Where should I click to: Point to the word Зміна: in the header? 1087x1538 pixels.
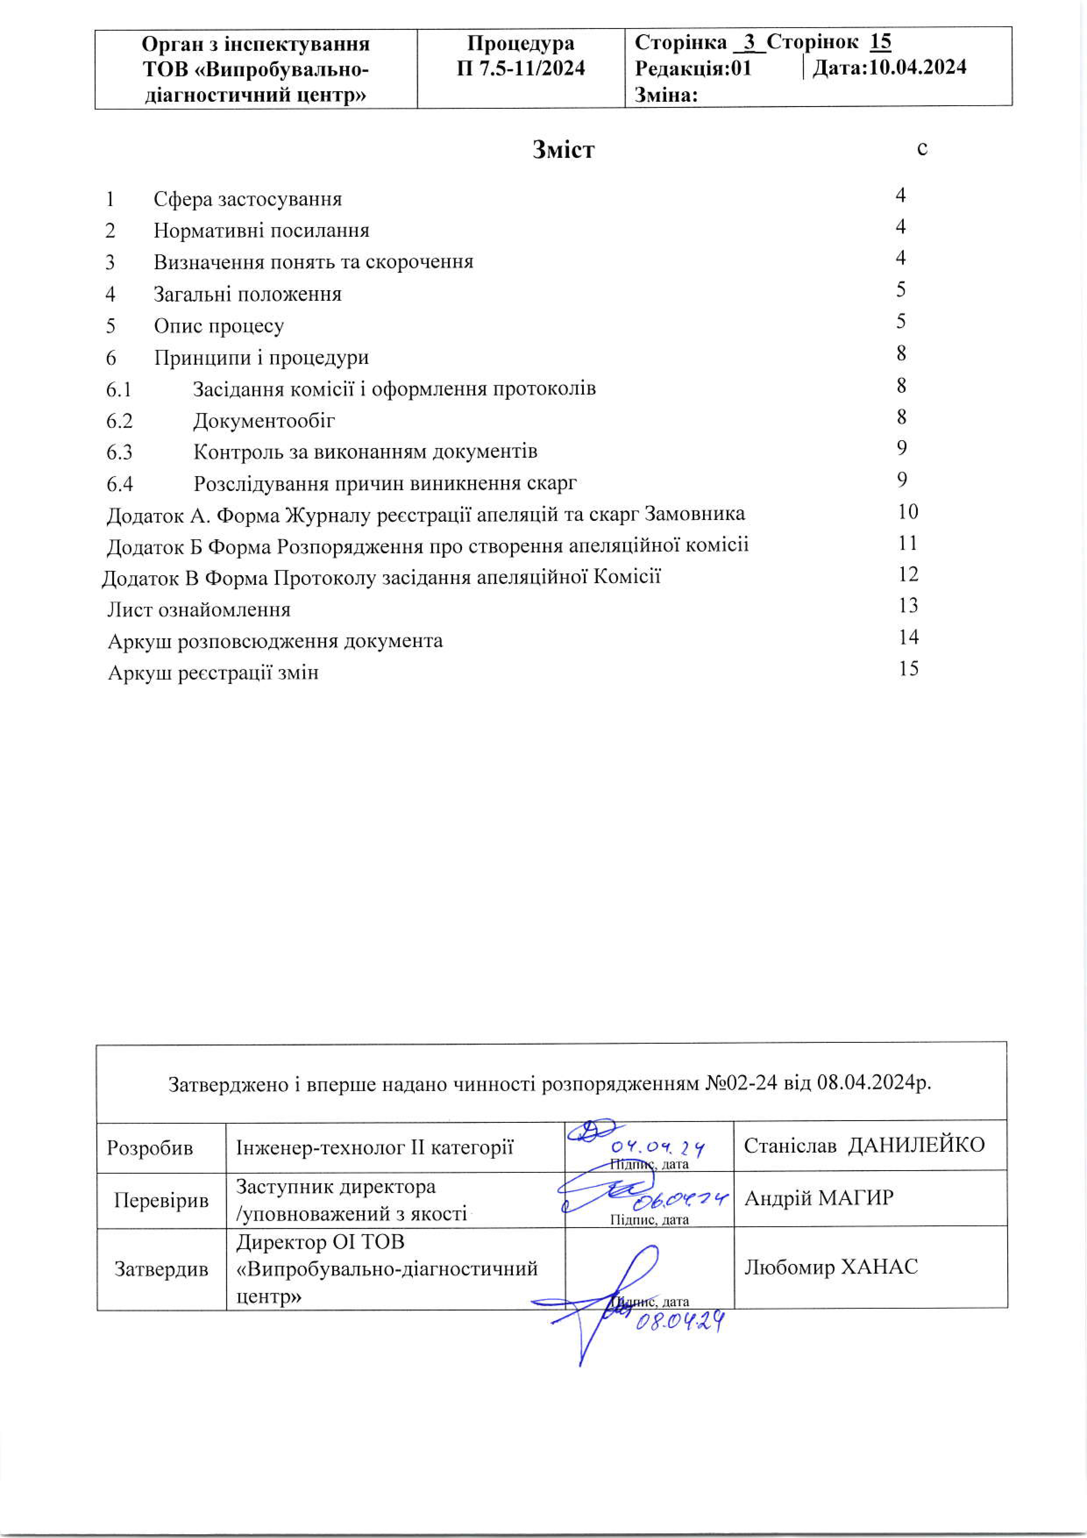pyautogui.click(x=666, y=95)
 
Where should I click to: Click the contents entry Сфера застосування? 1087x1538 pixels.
pyautogui.click(x=247, y=199)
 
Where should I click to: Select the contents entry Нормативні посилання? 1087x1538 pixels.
pyautogui.click(x=261, y=230)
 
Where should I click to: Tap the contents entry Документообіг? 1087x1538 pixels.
pyautogui.click(x=264, y=421)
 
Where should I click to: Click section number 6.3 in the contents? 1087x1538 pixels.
pyautogui.click(x=119, y=452)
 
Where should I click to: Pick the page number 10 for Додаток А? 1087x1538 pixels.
pyautogui.click(x=908, y=512)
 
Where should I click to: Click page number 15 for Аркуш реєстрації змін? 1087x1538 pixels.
pyautogui.click(x=908, y=669)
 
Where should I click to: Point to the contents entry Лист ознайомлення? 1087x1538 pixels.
pyautogui.click(x=199, y=610)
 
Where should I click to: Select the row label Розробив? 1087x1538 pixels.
pyautogui.click(x=149, y=1148)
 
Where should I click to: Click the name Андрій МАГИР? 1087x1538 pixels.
pyautogui.click(x=819, y=1198)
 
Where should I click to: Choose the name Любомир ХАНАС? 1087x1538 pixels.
pyautogui.click(x=831, y=1267)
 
